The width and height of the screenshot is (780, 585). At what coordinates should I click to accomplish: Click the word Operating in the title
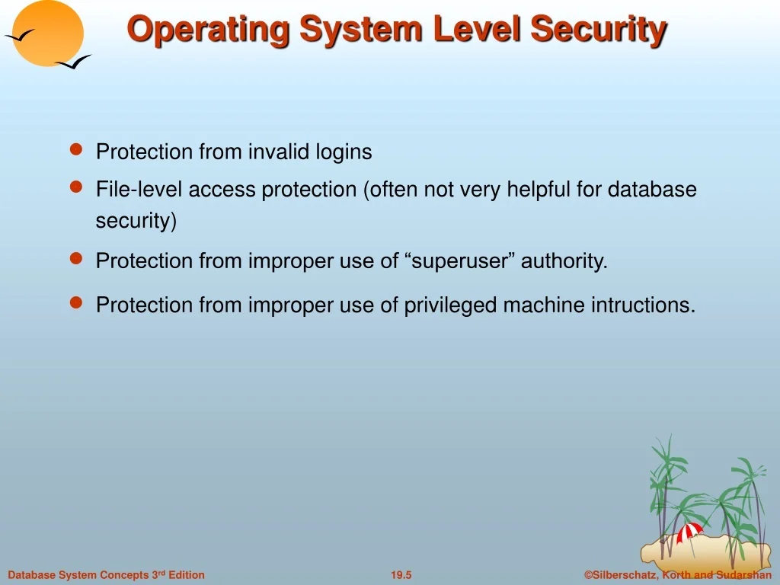tap(208, 30)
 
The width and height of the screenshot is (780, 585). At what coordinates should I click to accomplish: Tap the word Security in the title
tap(599, 30)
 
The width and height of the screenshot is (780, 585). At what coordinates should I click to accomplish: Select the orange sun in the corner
tap(48, 33)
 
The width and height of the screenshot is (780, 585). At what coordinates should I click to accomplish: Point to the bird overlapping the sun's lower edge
tap(73, 62)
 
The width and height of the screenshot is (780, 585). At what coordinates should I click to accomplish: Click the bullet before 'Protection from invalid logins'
tap(76, 149)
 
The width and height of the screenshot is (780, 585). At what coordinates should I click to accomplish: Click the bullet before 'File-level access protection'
tap(76, 187)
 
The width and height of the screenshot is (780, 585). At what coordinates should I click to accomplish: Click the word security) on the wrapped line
tap(136, 221)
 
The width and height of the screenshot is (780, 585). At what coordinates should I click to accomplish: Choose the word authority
tap(564, 261)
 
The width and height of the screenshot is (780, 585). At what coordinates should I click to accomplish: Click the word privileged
tap(450, 305)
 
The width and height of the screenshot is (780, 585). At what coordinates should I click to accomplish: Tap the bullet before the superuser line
tap(76, 259)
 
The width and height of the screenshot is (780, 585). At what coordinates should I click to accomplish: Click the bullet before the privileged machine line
tap(76, 302)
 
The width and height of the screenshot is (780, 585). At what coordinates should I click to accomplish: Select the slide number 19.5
tap(401, 575)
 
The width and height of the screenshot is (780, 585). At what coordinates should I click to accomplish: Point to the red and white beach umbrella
tap(689, 533)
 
